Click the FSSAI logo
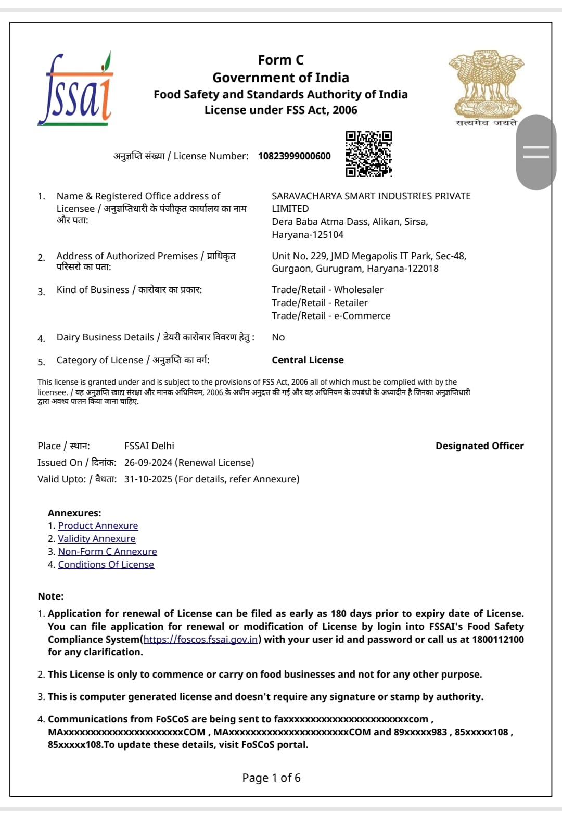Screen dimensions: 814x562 tap(76, 90)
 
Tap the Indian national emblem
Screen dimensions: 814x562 tap(486, 85)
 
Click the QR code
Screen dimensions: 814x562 tap(368, 154)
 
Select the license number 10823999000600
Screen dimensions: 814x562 tap(294, 156)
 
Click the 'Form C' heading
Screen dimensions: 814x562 tap(280, 60)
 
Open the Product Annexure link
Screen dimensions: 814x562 tap(98, 526)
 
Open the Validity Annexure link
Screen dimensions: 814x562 tap(96, 539)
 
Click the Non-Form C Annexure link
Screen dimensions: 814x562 tap(107, 552)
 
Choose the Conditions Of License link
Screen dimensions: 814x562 tap(106, 565)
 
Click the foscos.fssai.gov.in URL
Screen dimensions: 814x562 tap(200, 640)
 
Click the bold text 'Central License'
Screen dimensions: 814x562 tap(308, 360)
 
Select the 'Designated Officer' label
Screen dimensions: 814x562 tap(479, 446)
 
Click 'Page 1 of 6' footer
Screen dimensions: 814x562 tap(271, 778)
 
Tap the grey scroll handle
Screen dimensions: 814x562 tap(536, 152)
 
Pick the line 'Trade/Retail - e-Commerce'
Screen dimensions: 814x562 tap(331, 316)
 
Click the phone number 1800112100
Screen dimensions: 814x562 tap(497, 640)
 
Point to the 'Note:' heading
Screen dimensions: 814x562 tap(50, 596)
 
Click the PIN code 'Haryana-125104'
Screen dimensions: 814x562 tap(308, 235)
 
